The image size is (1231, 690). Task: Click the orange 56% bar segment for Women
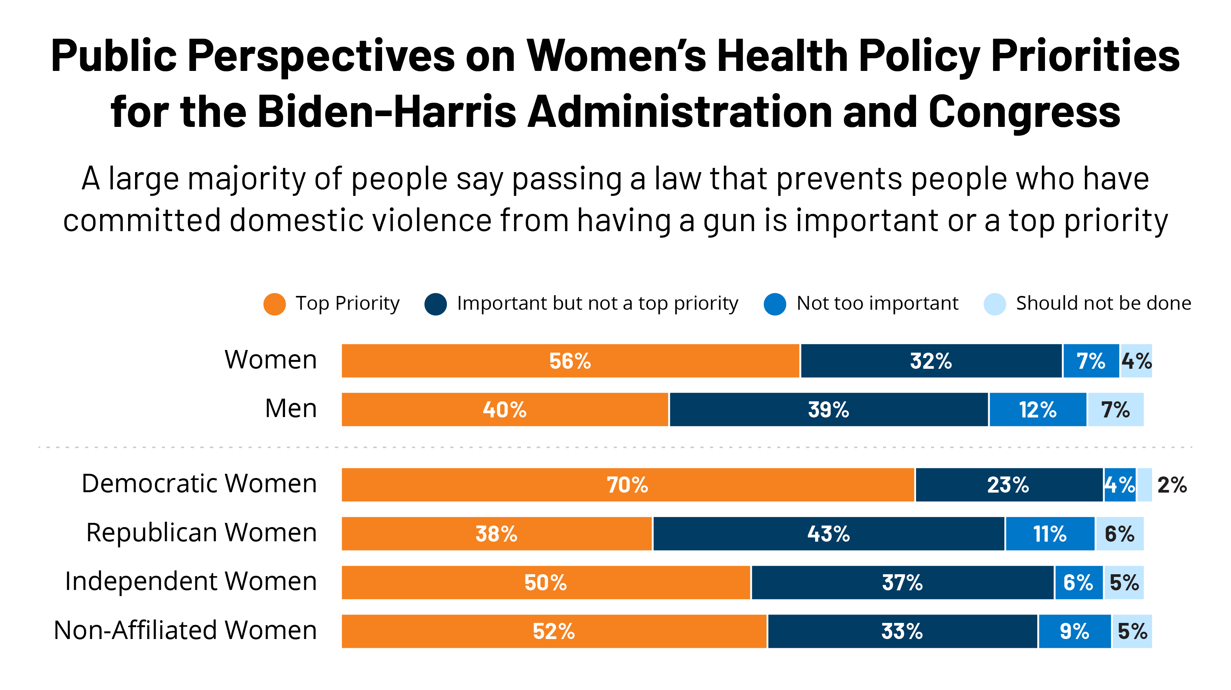pos(570,361)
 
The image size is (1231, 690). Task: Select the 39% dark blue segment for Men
pos(828,410)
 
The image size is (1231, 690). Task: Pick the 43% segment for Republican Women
pos(828,534)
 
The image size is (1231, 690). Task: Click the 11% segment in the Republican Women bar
pos(1050,534)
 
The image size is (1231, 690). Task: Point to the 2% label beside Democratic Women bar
pos(1172,485)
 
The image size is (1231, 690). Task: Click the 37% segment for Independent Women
pos(902,583)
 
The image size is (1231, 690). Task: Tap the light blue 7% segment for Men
pos(1116,410)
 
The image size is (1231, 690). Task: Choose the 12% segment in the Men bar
pos(1037,410)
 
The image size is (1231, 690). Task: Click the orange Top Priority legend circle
pos(274,304)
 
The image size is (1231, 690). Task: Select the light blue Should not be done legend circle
pos(994,304)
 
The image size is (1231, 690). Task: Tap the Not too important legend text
pos(877,303)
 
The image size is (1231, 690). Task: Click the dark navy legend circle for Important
pos(435,304)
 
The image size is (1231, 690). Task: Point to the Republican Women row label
pos(201,532)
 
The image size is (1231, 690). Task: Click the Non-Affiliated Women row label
pos(185,630)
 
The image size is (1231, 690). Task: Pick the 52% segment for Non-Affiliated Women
pos(554,631)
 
